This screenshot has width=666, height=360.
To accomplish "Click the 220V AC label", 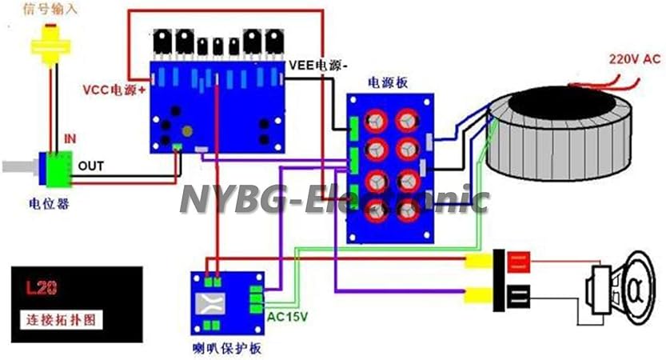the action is click(x=633, y=59).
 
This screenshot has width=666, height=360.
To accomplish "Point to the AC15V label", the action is click(x=288, y=316).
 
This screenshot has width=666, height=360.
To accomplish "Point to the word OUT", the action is click(x=90, y=166).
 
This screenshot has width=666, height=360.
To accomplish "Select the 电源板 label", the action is click(x=389, y=82).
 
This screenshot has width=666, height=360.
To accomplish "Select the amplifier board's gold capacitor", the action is click(x=189, y=132).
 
